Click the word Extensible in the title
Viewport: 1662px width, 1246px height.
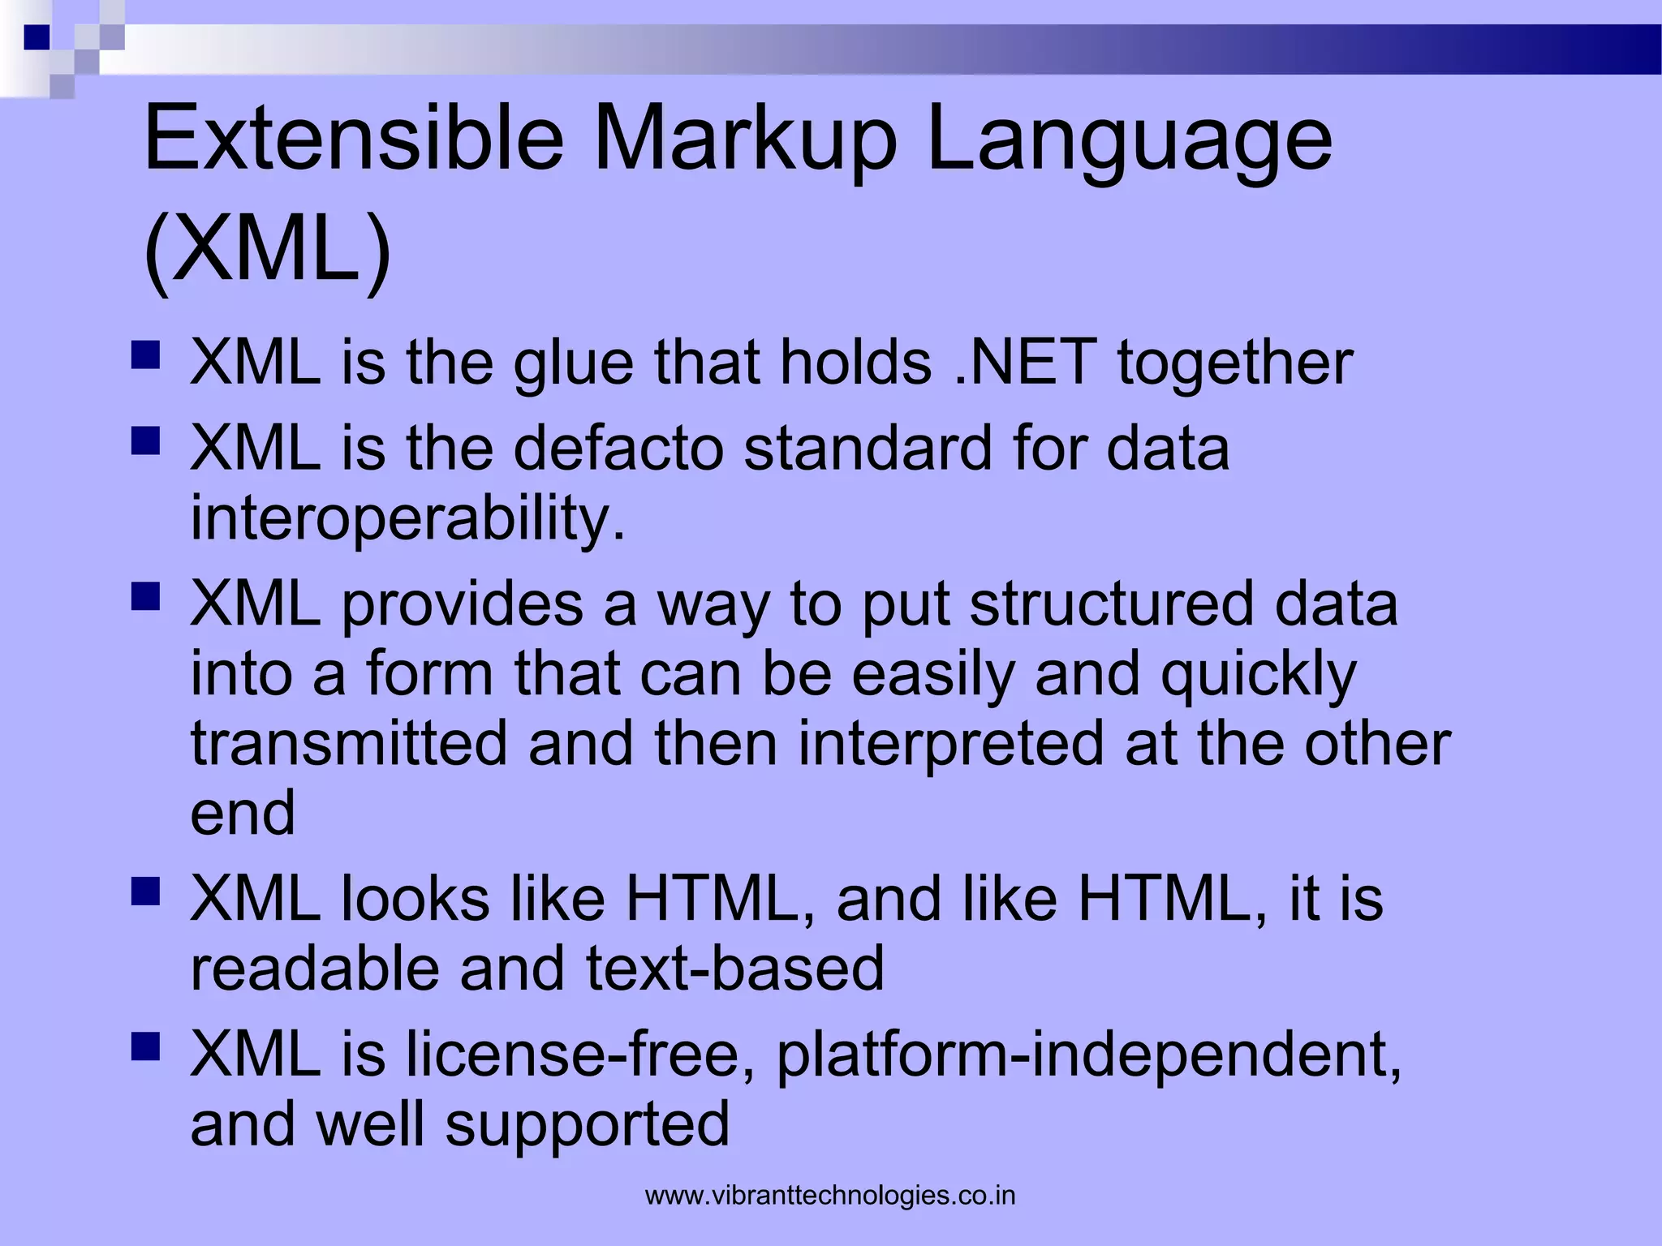353,140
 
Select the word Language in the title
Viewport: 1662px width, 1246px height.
1128,140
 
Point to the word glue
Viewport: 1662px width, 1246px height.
573,362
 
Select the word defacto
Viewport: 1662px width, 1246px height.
618,448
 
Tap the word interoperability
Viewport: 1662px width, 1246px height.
407,518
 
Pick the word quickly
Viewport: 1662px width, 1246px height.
1258,675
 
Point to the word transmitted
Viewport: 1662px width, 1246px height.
349,744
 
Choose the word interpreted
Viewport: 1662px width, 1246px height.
950,744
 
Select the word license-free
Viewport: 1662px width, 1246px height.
580,1055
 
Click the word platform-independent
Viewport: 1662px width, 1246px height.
1087,1055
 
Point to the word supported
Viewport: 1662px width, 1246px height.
588,1125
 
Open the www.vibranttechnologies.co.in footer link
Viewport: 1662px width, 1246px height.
830,1196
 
